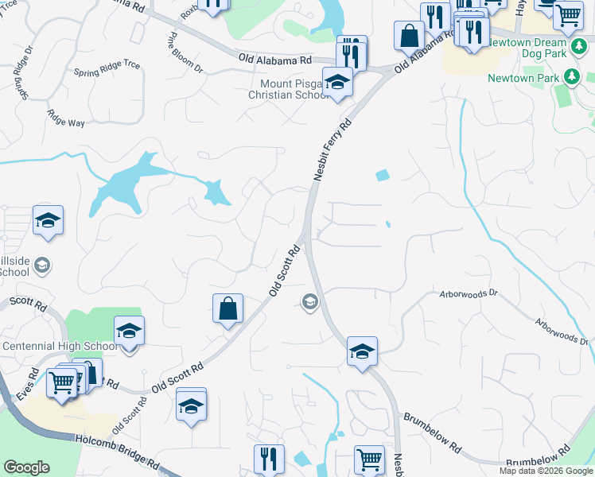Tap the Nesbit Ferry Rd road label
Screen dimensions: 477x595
pyautogui.click(x=332, y=152)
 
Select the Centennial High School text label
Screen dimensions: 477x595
pyautogui.click(x=60, y=347)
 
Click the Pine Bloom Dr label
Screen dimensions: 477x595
pyautogui.click(x=185, y=53)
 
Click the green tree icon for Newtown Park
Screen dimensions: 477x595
pyautogui.click(x=570, y=77)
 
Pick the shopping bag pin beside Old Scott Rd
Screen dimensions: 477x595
pyautogui.click(x=227, y=308)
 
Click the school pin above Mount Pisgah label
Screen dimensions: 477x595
pyautogui.click(x=337, y=83)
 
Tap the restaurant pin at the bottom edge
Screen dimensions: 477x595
pyautogui.click(x=269, y=459)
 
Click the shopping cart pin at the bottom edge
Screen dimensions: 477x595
pyautogui.click(x=369, y=460)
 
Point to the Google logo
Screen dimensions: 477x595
pyautogui.click(x=27, y=467)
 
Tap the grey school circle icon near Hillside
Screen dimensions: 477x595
pyautogui.click(x=42, y=265)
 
